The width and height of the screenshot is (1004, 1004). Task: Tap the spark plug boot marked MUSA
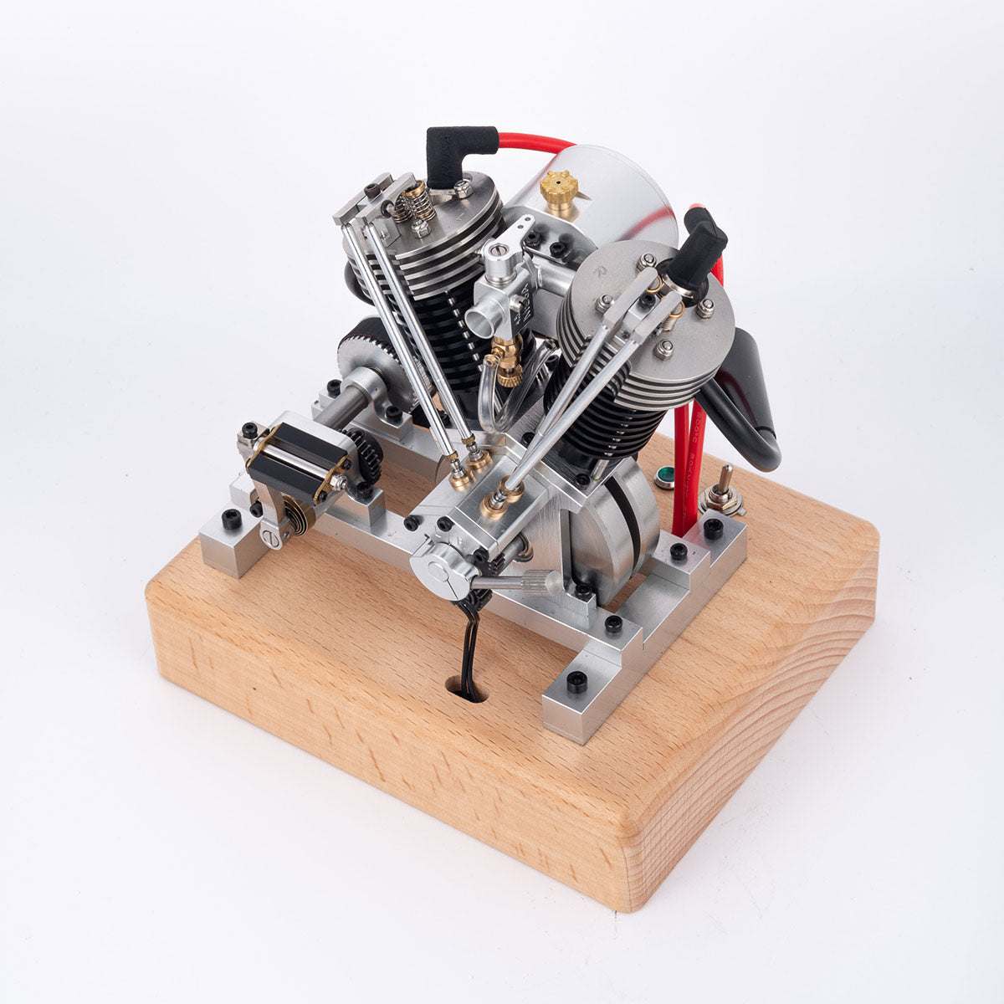click(448, 157)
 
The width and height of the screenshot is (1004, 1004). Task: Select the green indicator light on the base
click(665, 477)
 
